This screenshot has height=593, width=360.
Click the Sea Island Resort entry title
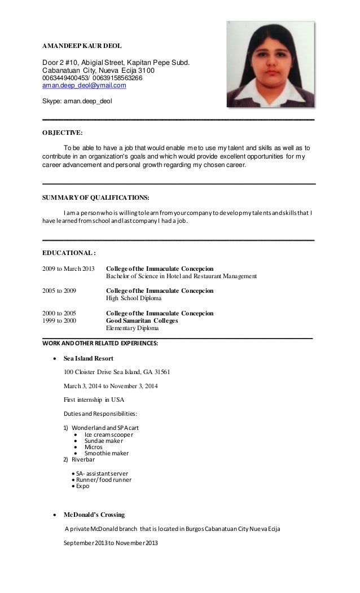(x=89, y=358)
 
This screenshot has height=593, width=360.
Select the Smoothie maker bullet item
(x=107, y=453)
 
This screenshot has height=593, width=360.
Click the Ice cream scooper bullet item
(x=109, y=434)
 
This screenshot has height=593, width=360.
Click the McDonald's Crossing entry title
(x=94, y=515)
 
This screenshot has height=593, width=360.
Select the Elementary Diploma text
(x=133, y=328)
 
